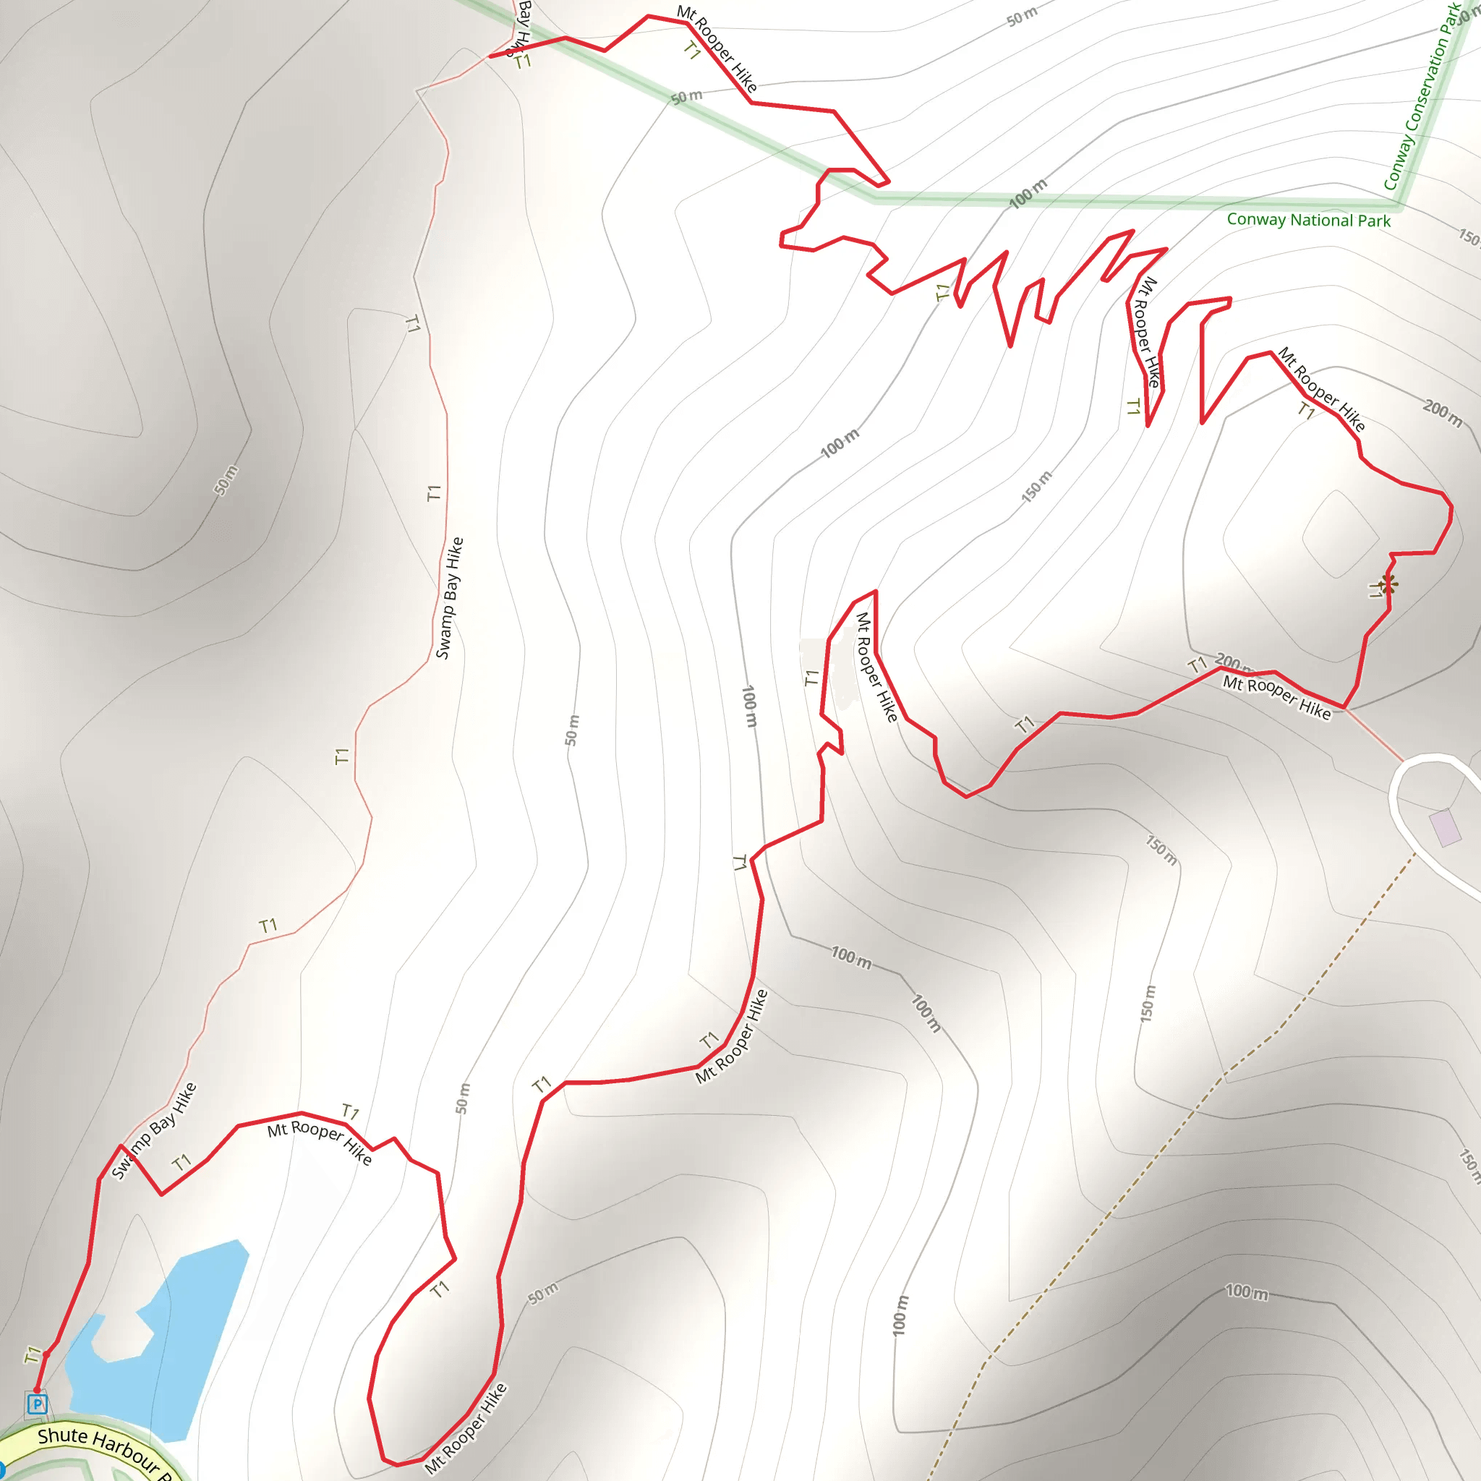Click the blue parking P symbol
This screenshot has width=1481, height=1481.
(37, 1404)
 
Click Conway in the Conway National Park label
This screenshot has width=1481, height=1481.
(1255, 219)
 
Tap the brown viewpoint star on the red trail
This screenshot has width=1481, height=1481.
(1387, 584)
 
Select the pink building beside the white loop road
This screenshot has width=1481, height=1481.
(1445, 828)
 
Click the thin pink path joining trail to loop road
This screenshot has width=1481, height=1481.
(1374, 735)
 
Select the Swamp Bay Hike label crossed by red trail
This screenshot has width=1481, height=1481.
(154, 1130)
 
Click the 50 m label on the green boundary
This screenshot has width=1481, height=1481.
(687, 97)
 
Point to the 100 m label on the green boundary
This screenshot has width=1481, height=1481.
(1027, 194)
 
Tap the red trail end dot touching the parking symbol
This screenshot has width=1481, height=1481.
(36, 1391)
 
